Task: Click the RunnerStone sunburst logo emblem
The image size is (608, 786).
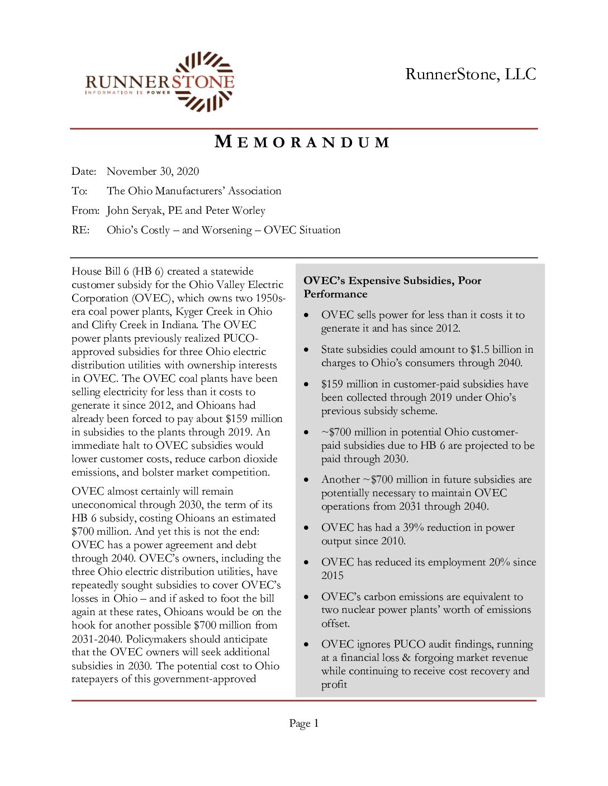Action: coord(203,82)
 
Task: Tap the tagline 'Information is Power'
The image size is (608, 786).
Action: coord(128,93)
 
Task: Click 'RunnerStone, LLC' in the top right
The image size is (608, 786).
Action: coord(471,74)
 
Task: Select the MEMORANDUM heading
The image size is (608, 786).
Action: coord(302,142)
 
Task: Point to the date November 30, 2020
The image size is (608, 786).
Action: coord(153,171)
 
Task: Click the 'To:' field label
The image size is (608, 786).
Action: coord(79,191)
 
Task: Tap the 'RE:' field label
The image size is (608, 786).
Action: coord(80,230)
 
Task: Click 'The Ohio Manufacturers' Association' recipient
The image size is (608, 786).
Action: coord(194,191)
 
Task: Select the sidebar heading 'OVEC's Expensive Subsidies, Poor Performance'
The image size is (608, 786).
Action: coord(392,287)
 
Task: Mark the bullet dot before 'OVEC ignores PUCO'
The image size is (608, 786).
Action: coord(306,645)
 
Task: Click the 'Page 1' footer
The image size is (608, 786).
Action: coord(304,723)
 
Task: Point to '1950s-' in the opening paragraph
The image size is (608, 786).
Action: coord(270,298)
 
